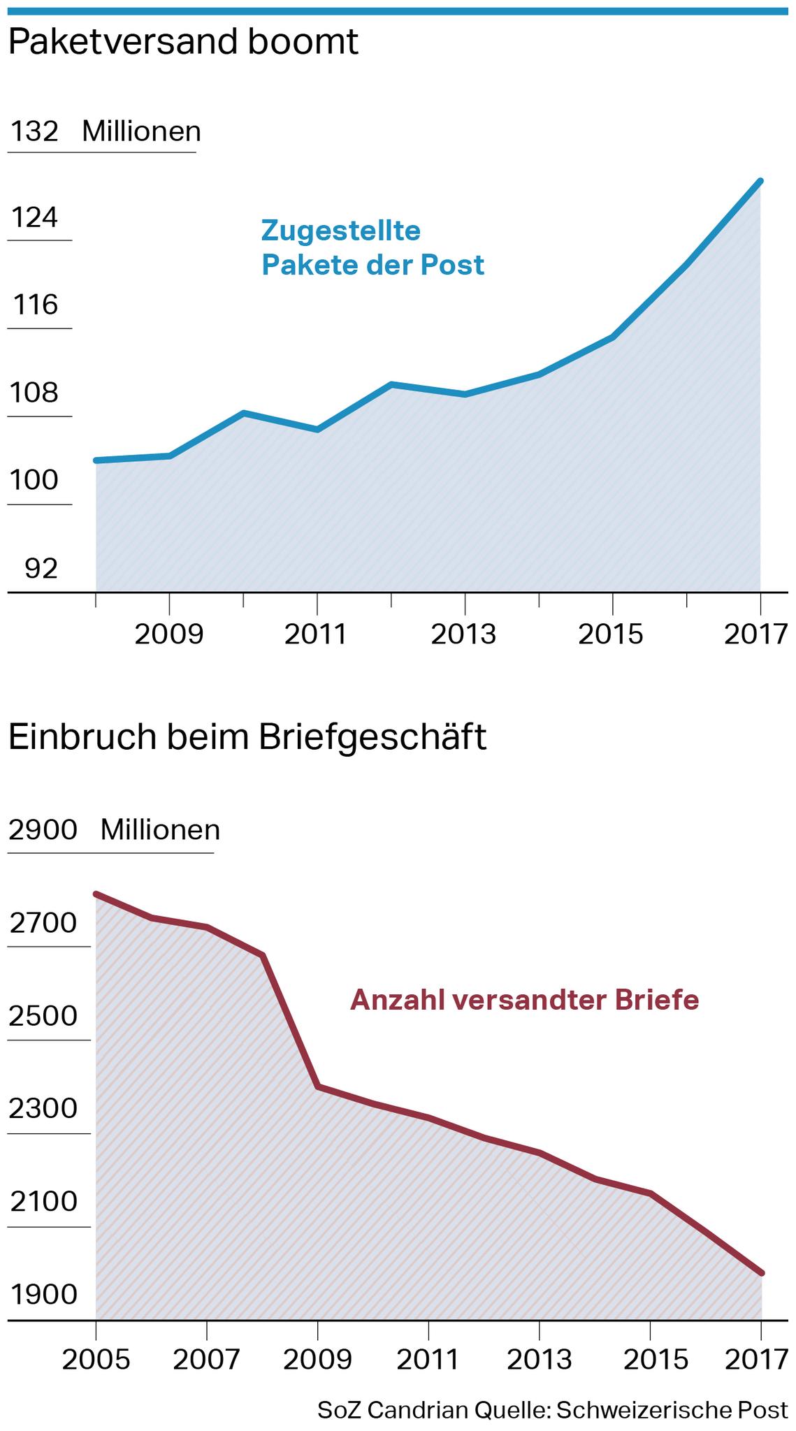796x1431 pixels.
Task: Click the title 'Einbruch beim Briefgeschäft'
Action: (247, 738)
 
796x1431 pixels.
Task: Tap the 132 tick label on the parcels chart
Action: (34, 131)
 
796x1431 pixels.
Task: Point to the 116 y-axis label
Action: (34, 305)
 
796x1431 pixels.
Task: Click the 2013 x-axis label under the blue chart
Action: (463, 634)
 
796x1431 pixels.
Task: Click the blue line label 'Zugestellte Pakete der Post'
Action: (372, 247)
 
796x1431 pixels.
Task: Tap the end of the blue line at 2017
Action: (760, 181)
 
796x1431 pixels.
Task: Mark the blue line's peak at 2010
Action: (243, 413)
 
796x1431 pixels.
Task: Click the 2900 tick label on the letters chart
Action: (43, 829)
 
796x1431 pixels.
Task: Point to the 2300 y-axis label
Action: (43, 1109)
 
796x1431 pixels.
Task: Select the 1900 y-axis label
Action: (43, 1295)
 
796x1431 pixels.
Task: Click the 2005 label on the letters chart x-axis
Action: (96, 1360)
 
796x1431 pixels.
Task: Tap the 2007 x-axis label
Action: (206, 1360)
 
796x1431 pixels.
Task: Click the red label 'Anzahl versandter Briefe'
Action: (524, 1000)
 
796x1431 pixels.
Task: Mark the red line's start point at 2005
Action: (96, 894)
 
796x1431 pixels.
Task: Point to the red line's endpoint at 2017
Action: (761, 1273)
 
